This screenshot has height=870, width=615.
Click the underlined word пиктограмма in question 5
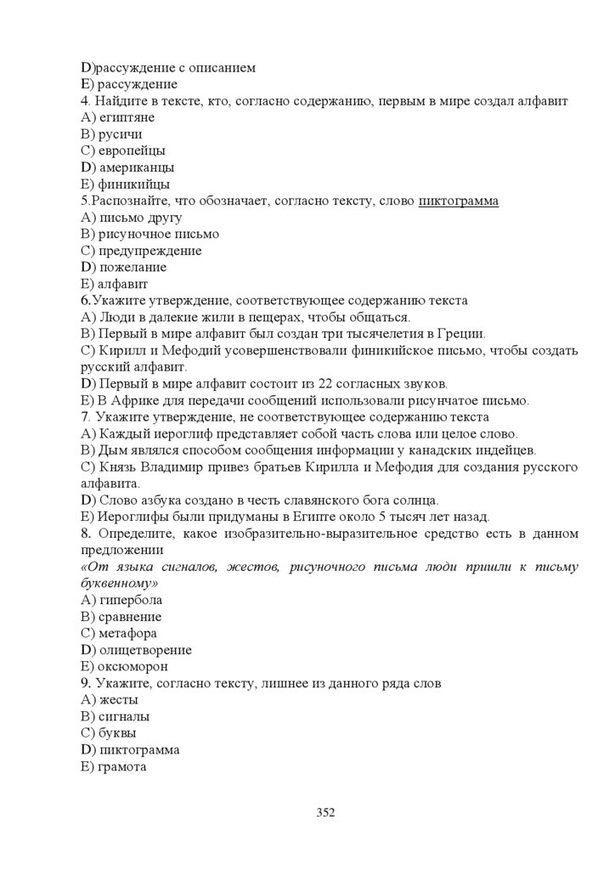pyautogui.click(x=458, y=201)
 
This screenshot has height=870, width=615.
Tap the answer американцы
pyautogui.click(x=137, y=167)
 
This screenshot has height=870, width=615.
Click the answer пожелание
pyautogui.click(x=133, y=267)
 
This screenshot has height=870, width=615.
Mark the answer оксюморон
pyautogui.click(x=133, y=666)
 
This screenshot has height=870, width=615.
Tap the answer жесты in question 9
pyautogui.click(x=118, y=700)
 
